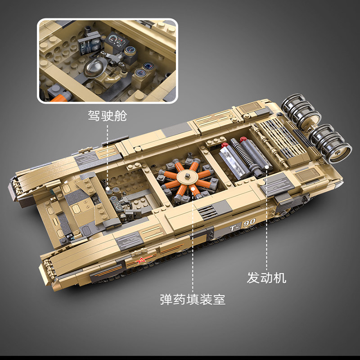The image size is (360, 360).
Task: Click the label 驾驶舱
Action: click(108, 116)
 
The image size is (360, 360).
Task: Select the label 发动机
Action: click(266, 278)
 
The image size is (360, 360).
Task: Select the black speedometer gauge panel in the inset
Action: click(117, 42)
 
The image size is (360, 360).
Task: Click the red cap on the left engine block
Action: click(224, 145)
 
